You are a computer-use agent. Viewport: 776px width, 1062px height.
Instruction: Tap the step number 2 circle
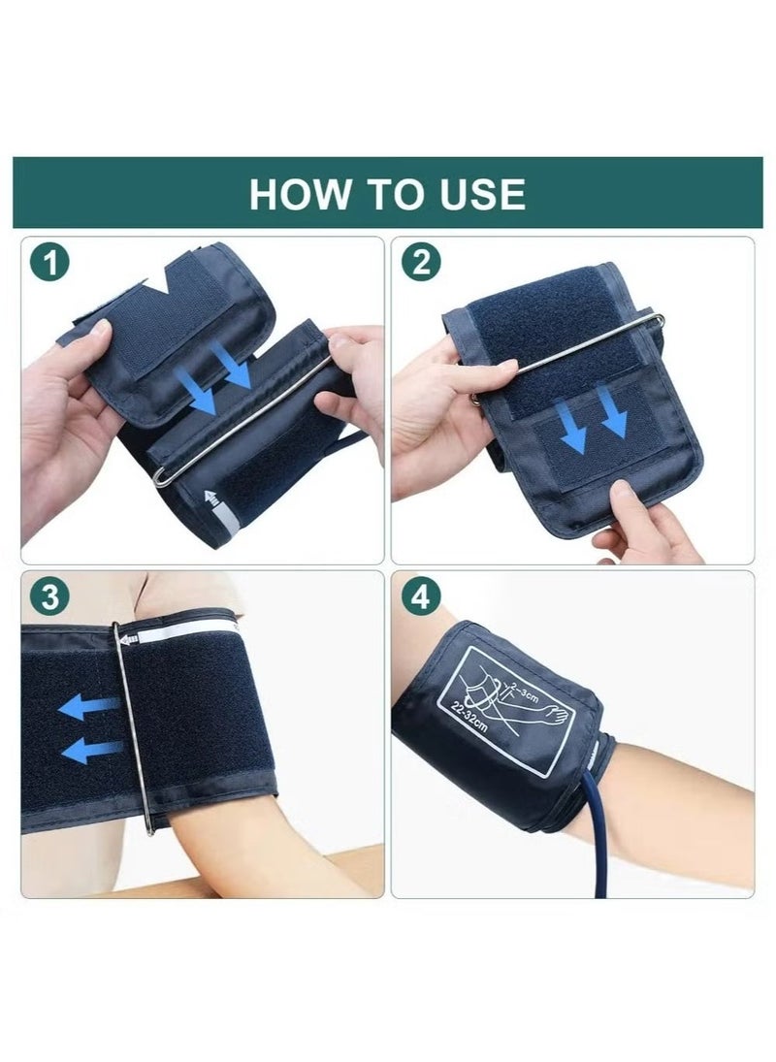[421, 262]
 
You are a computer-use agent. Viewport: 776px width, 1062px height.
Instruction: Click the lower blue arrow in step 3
[93, 750]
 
